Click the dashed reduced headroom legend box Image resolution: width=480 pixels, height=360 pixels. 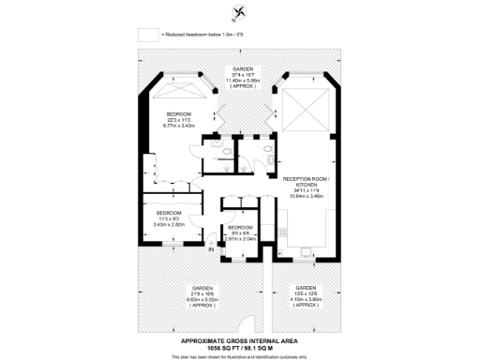pos(147,35)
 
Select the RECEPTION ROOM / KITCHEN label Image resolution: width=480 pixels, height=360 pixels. pos(307,183)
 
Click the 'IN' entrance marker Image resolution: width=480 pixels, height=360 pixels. pos(211,250)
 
